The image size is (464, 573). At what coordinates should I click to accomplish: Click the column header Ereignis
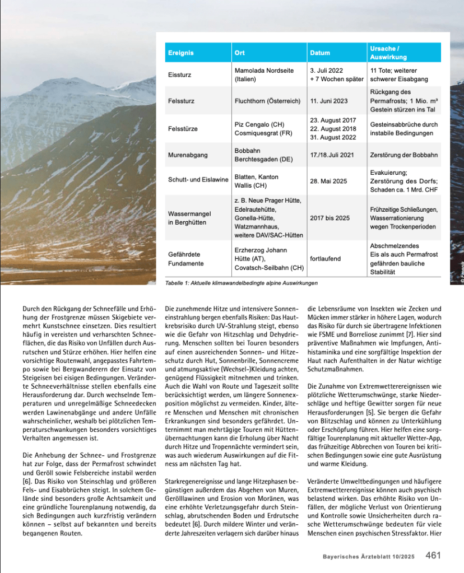click(x=180, y=53)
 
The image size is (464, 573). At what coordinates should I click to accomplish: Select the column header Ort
click(x=239, y=53)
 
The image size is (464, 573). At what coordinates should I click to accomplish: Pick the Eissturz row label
click(x=179, y=74)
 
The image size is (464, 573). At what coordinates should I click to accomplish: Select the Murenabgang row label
click(x=186, y=155)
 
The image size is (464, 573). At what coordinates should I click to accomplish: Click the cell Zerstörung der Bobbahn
click(x=403, y=155)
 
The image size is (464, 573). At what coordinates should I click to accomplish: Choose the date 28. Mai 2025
click(x=327, y=181)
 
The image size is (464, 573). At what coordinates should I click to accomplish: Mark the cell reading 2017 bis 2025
click(x=330, y=217)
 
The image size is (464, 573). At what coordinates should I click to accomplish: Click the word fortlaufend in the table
click(x=325, y=259)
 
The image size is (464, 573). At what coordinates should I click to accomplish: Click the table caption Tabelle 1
click(x=242, y=283)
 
